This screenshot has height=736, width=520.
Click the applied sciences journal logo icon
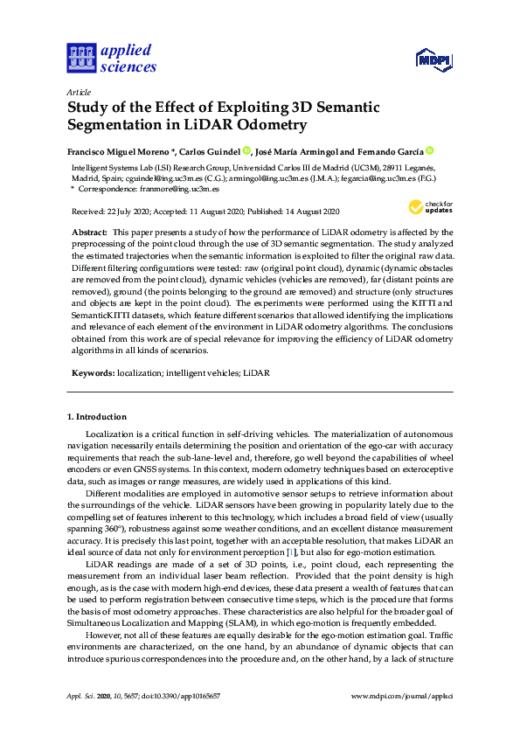coord(80,58)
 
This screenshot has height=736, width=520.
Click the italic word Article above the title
coord(79,92)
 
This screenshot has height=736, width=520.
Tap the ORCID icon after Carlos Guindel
coord(247,150)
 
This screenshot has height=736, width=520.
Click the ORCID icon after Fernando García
coord(430,150)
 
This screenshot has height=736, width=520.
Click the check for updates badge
coord(428,208)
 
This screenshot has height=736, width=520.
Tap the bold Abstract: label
coord(92,232)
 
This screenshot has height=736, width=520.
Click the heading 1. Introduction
coord(97,417)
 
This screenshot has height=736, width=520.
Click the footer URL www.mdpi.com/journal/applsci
coord(401,696)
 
